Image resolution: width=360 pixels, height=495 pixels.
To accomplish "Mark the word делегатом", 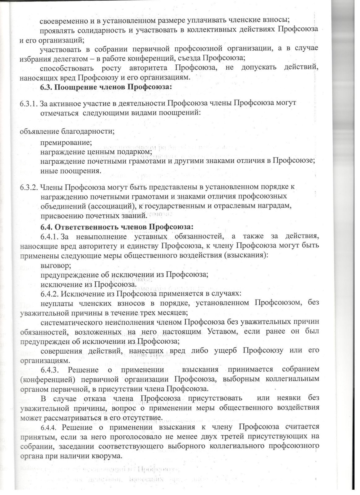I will tap(63, 58).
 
